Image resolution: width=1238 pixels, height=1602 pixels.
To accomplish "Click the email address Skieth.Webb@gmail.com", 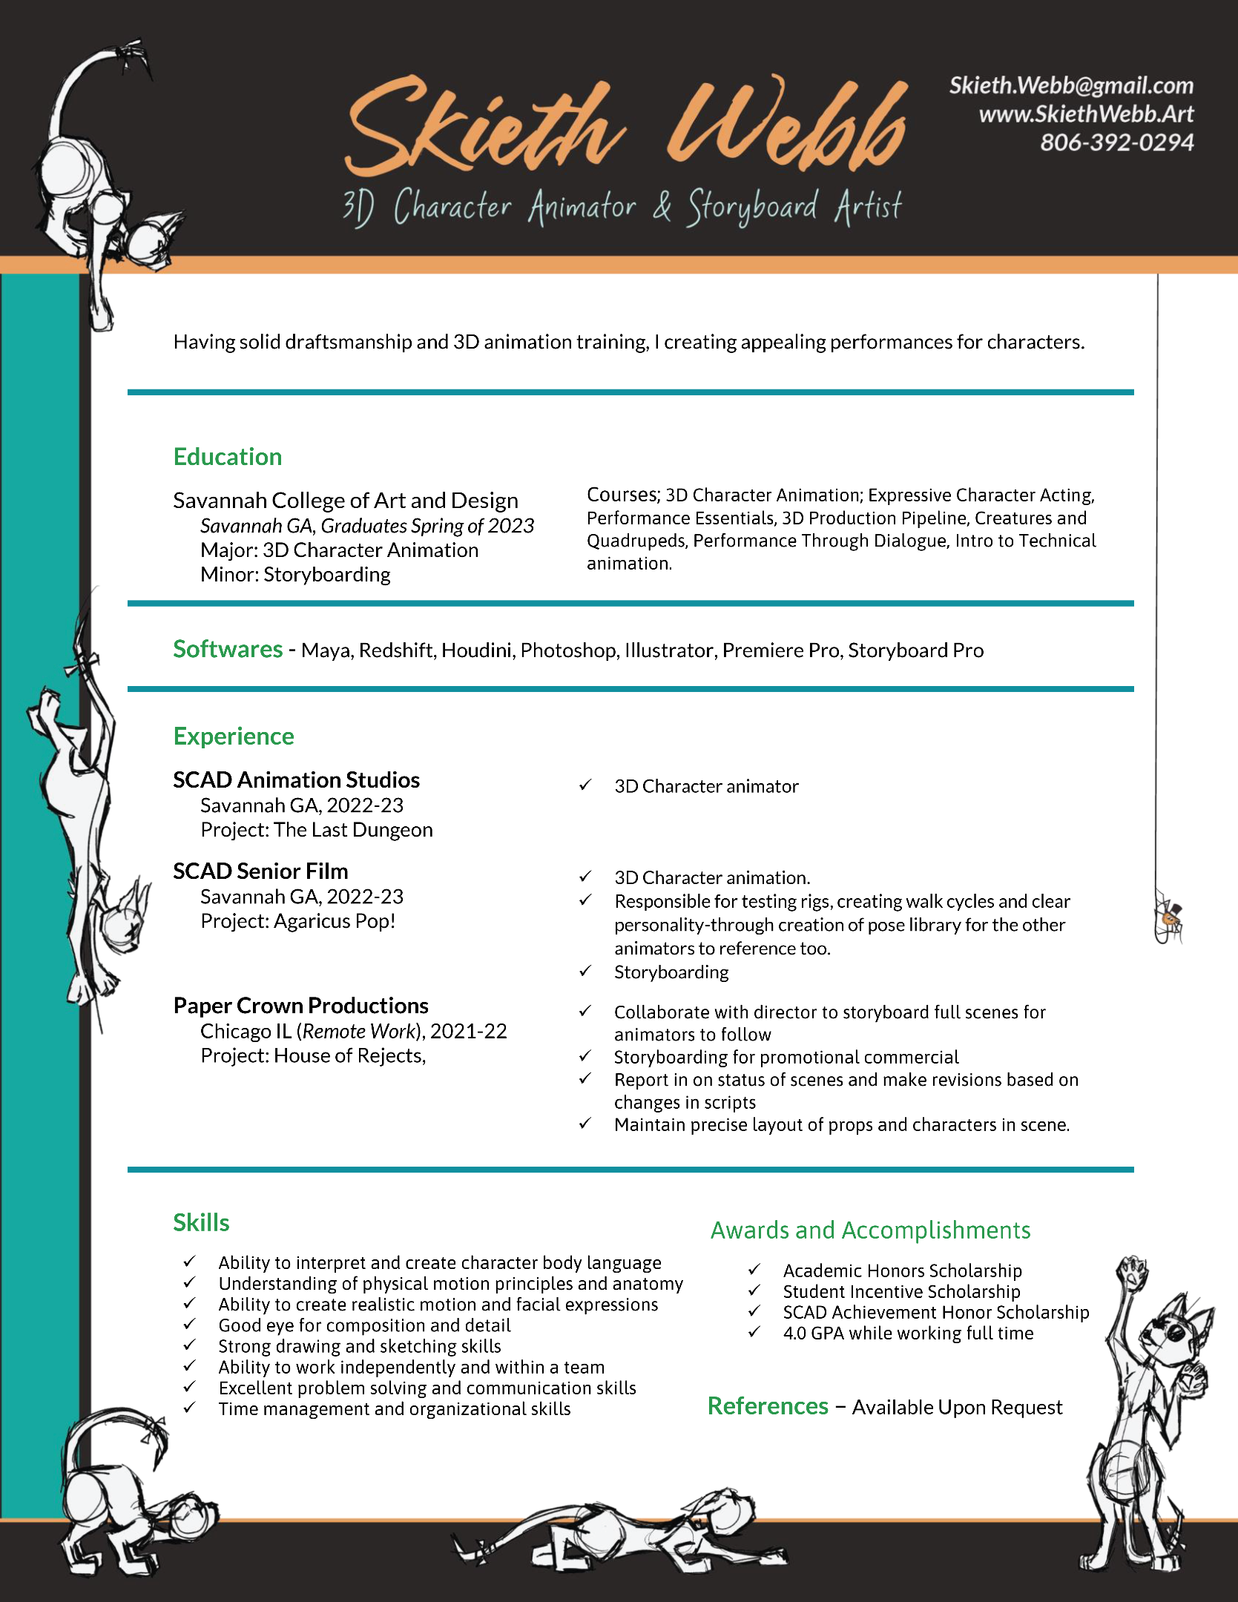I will [1071, 86].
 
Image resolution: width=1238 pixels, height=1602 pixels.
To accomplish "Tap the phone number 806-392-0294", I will [1116, 142].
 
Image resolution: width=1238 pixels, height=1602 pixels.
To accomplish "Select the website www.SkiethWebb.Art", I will [1086, 114].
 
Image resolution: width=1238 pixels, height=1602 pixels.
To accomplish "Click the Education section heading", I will [228, 457].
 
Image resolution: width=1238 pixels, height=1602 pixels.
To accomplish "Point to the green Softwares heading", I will [228, 650].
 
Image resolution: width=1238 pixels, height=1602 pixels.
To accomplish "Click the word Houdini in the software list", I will [476, 650].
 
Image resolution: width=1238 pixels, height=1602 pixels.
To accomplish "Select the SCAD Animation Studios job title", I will [296, 780].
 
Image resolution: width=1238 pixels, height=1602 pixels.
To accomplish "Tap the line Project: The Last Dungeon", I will [317, 830].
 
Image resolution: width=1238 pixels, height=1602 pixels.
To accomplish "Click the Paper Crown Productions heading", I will [300, 1006].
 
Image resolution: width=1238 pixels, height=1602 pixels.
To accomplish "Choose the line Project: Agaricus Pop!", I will [298, 921].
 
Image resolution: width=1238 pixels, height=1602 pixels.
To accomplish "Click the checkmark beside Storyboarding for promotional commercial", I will [585, 1056].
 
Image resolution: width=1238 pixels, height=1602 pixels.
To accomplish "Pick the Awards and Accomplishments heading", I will [870, 1230].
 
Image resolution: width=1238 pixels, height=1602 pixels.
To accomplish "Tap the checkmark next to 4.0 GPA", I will [754, 1332].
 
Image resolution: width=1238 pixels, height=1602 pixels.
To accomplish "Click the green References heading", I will [768, 1406].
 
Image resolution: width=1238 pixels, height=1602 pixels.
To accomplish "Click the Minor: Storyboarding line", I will [295, 575].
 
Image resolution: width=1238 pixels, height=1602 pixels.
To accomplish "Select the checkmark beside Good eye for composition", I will [190, 1324].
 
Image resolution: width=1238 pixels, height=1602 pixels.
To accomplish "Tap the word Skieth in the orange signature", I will [482, 126].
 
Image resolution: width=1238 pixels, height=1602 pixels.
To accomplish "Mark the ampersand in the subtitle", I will [662, 206].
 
